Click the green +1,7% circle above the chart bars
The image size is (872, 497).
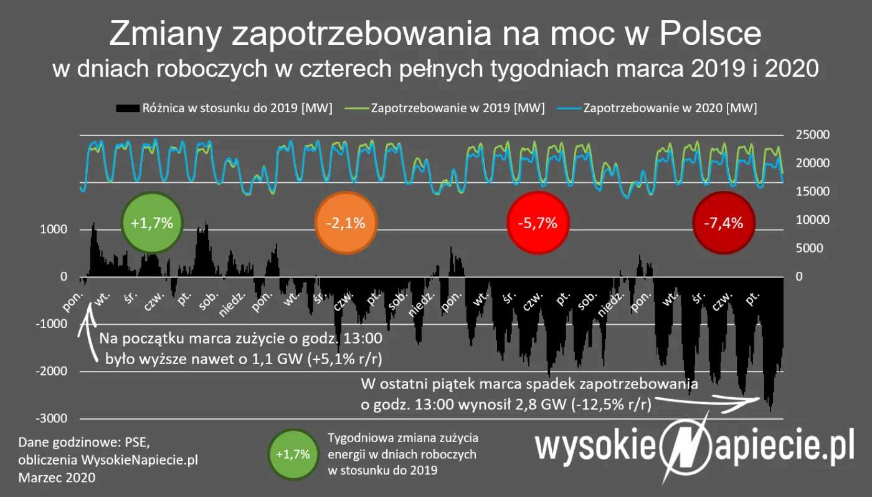[x=152, y=223]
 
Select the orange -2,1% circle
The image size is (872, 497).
[x=346, y=223]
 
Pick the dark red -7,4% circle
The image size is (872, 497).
[x=723, y=223]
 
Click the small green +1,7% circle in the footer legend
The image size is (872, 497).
[x=293, y=454]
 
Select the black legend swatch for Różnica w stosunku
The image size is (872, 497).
[x=128, y=108]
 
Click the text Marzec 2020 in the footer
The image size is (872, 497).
[x=57, y=478]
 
